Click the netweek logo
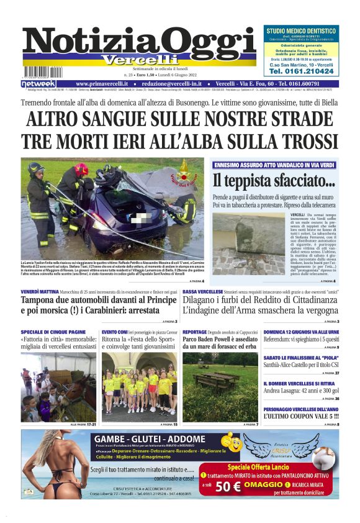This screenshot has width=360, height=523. pyautogui.click(x=38, y=83)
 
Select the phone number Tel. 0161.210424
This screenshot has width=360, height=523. pyautogui.click(x=300, y=71)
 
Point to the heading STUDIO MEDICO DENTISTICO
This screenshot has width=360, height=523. pyautogui.click(x=300, y=30)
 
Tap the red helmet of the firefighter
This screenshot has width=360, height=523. pyautogui.click(x=81, y=170)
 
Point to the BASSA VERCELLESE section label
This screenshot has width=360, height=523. pyautogui.click(x=202, y=291)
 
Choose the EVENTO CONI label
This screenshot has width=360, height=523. pyautogui.click(x=115, y=332)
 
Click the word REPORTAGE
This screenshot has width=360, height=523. pyautogui.click(x=195, y=332)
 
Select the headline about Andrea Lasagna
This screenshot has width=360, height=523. pyautogui.click(x=300, y=391)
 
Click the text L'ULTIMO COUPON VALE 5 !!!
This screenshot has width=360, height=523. pyautogui.click(x=300, y=417)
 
